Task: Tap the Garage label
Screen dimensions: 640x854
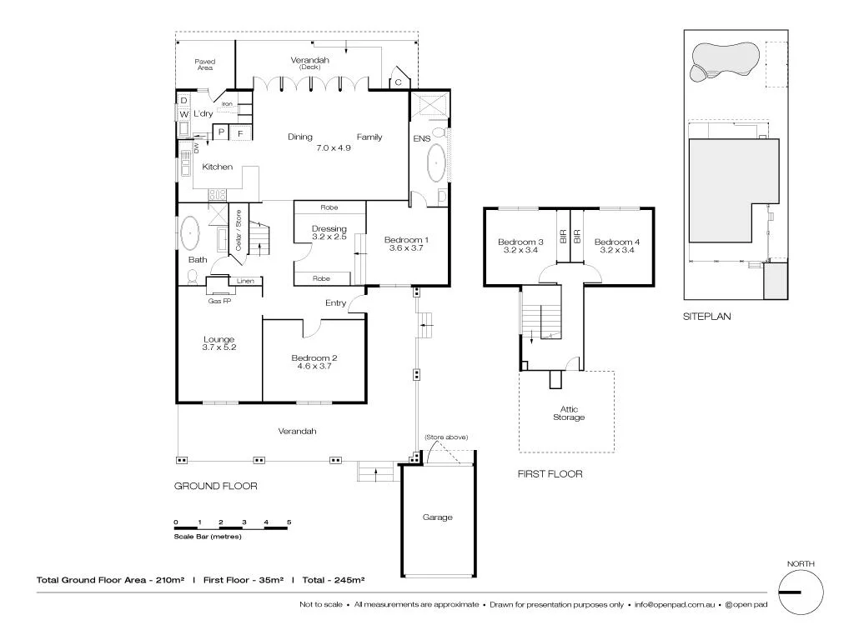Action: coord(437,517)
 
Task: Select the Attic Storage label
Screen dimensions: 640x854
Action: coord(567,412)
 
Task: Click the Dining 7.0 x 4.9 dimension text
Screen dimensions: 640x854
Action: coord(334,148)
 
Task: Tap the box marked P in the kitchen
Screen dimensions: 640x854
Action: coord(221,132)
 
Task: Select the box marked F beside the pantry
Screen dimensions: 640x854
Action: coord(241,132)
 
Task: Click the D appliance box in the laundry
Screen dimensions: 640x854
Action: coord(183,101)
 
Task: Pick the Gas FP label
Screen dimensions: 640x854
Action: coord(219,302)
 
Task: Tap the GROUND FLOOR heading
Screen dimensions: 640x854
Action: coord(215,486)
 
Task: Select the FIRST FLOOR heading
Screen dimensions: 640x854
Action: coord(550,474)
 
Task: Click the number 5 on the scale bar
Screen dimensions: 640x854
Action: coord(289,522)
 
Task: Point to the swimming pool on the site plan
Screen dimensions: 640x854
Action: coord(722,61)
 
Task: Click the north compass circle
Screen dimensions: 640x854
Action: coord(801,592)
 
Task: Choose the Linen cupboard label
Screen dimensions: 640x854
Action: coord(245,281)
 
